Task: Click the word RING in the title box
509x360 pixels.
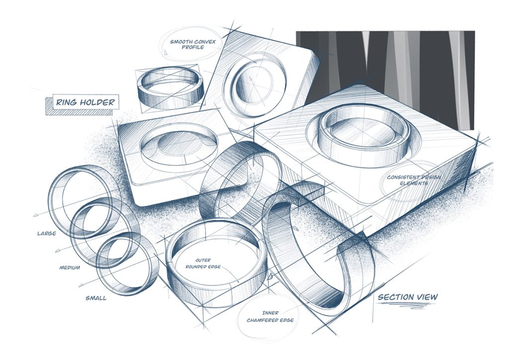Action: [x=65, y=103]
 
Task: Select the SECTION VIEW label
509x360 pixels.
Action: [x=408, y=297]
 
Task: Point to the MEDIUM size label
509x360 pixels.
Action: [x=70, y=268]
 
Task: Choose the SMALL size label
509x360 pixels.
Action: [x=95, y=298]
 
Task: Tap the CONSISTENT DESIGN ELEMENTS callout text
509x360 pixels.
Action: [x=408, y=180]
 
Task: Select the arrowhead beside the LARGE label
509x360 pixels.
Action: [x=36, y=214]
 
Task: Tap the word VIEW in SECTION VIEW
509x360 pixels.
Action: [x=427, y=297]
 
